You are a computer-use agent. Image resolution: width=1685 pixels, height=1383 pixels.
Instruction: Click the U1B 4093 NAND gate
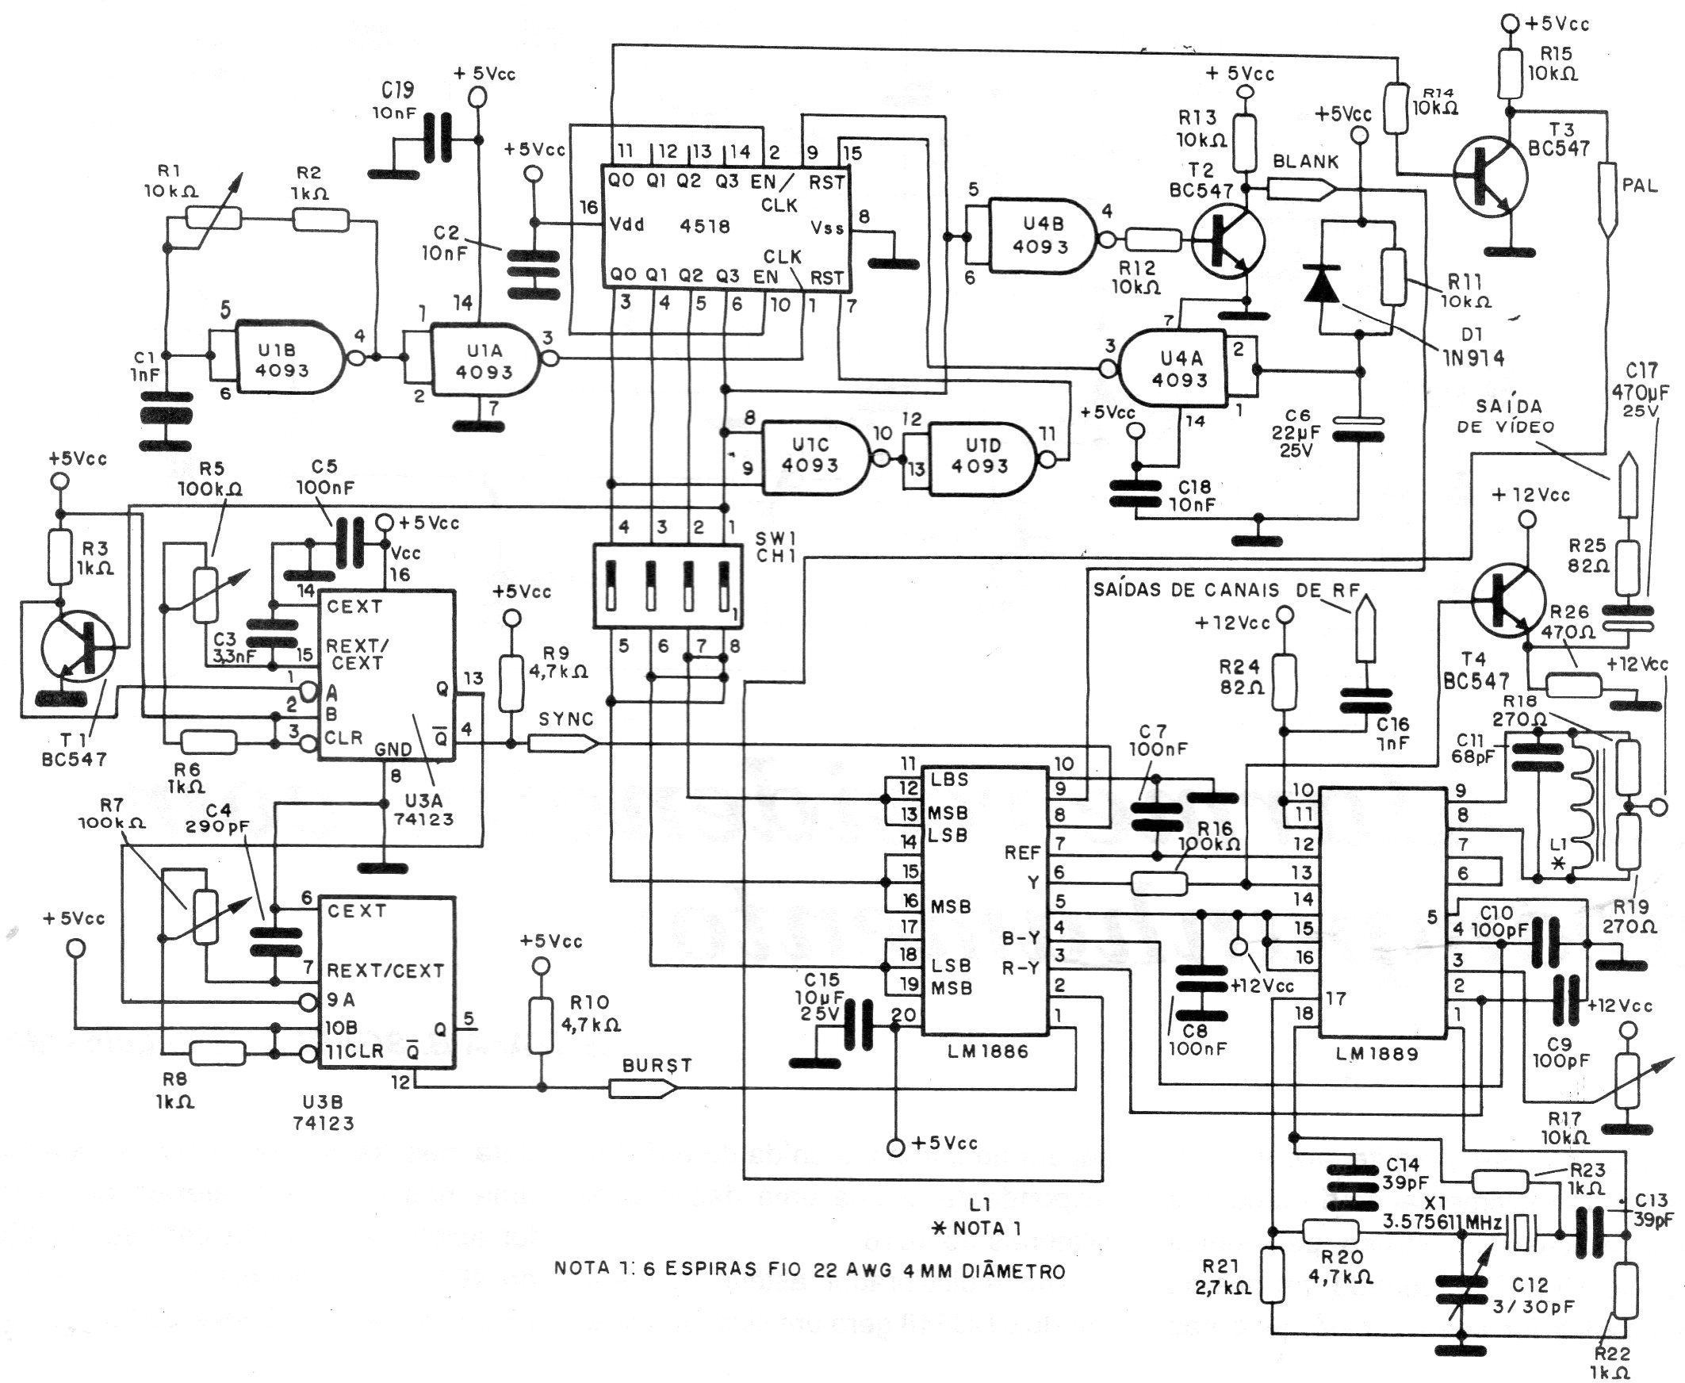290,358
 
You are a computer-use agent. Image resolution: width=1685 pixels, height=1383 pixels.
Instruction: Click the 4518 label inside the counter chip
705,225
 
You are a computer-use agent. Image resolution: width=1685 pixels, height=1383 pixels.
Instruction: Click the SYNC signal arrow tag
561,744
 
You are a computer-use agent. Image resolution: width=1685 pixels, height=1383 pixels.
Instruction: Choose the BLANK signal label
1306,162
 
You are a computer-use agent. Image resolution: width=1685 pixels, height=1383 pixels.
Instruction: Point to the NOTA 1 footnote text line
809,1270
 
